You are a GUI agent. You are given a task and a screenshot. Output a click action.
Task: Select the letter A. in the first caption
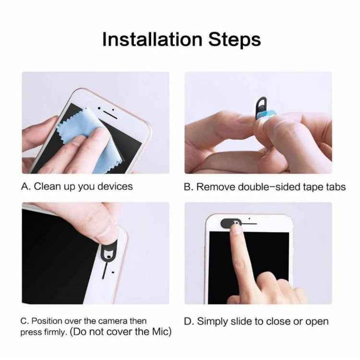pos(26,186)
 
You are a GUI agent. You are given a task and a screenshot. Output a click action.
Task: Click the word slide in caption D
pos(239,321)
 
